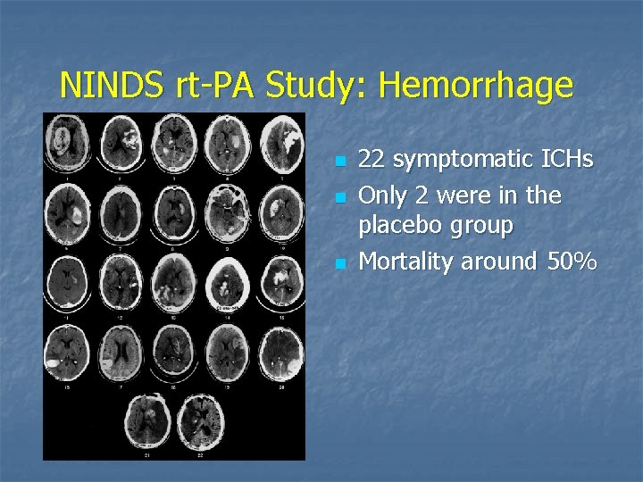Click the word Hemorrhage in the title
tap(476, 86)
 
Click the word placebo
tap(400, 227)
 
